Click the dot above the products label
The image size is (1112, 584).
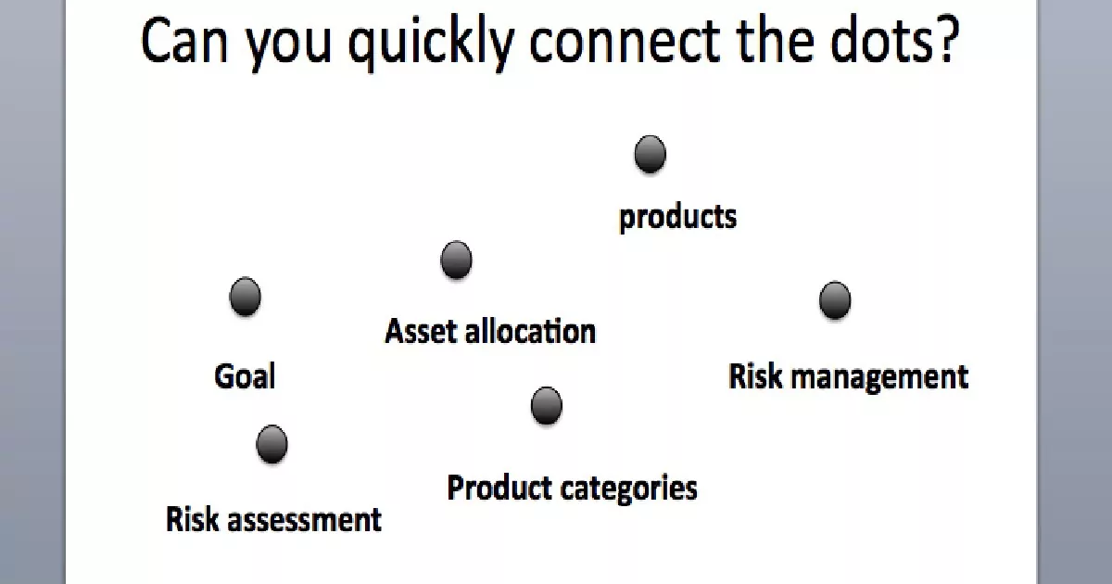click(650, 154)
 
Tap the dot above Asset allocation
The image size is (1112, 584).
click(456, 260)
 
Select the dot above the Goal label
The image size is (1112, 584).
click(246, 297)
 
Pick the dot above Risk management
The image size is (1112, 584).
click(835, 300)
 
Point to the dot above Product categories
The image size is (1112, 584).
click(547, 406)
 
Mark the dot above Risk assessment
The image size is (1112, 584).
click(272, 444)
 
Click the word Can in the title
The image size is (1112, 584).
click(184, 41)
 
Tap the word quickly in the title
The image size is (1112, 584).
click(431, 44)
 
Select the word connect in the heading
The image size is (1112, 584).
click(625, 42)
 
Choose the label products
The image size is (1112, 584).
click(677, 218)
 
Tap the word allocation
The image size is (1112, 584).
click(530, 331)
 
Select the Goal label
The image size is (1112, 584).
click(245, 376)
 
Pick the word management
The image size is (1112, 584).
click(879, 377)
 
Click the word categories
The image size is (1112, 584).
click(629, 489)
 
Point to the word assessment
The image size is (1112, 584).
click(304, 520)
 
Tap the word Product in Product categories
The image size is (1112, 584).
click(499, 488)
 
